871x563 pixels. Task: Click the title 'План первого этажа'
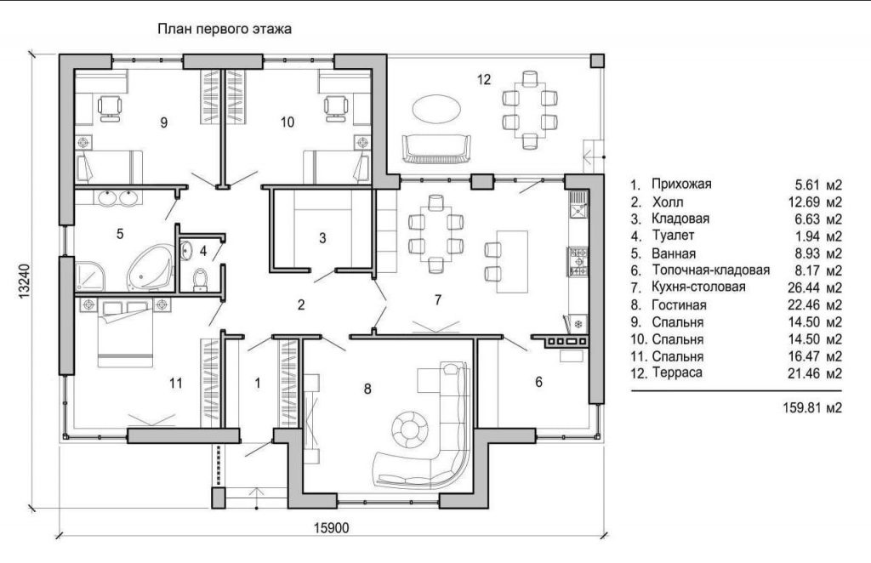tap(225, 29)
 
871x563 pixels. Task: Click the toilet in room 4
tap(199, 279)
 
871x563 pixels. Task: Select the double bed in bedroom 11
tap(125, 333)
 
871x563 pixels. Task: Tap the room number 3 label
tap(322, 238)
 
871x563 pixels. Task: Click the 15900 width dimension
tap(332, 527)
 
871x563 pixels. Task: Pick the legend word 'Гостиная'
tap(679, 304)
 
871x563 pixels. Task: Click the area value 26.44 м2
tap(815, 287)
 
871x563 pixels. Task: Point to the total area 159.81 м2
tap(812, 407)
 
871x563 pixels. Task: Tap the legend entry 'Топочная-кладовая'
tap(710, 270)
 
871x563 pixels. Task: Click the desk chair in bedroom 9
tap(110, 107)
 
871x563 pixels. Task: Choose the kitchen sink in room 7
tap(578, 204)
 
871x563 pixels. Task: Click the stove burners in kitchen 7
tap(578, 261)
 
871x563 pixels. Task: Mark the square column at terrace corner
tap(597, 60)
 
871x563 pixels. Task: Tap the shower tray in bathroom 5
tap(89, 276)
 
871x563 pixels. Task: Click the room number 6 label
tap(538, 382)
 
